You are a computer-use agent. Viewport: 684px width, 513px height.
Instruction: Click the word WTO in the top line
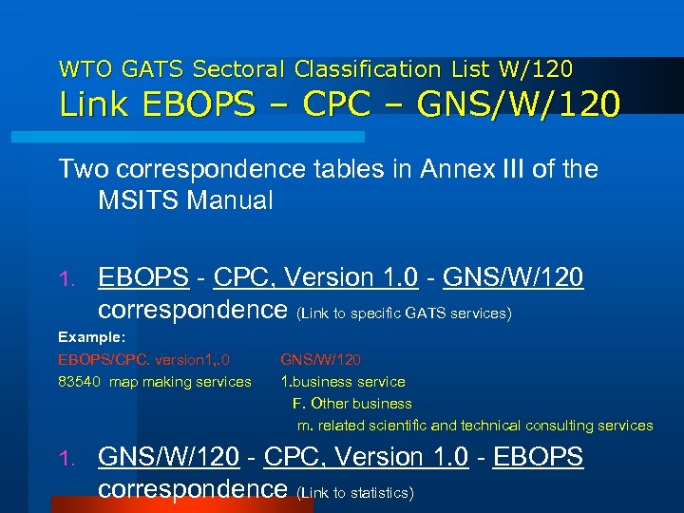click(80, 69)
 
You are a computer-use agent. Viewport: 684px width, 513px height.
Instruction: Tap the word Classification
click(369, 69)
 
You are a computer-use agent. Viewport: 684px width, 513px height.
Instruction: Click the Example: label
click(92, 337)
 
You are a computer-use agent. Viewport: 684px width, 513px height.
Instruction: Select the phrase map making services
click(180, 382)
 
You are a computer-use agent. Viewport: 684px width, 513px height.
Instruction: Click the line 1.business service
click(343, 382)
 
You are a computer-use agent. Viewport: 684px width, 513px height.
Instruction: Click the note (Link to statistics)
click(355, 493)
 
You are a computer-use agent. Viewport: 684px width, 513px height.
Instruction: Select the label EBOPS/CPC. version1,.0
click(144, 360)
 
